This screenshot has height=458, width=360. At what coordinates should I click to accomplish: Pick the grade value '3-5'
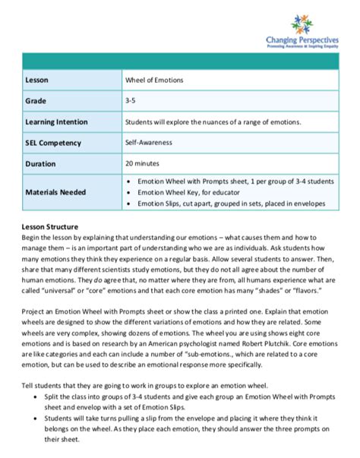131,99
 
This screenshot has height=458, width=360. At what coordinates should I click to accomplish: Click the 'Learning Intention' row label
56,121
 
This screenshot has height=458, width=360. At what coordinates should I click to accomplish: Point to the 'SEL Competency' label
52,142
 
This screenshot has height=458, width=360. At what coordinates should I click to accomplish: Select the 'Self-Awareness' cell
150,142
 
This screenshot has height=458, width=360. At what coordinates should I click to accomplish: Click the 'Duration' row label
40,163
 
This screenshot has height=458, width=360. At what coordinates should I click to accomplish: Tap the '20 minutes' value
145,163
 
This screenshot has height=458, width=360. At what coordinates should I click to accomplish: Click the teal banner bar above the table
179,61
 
